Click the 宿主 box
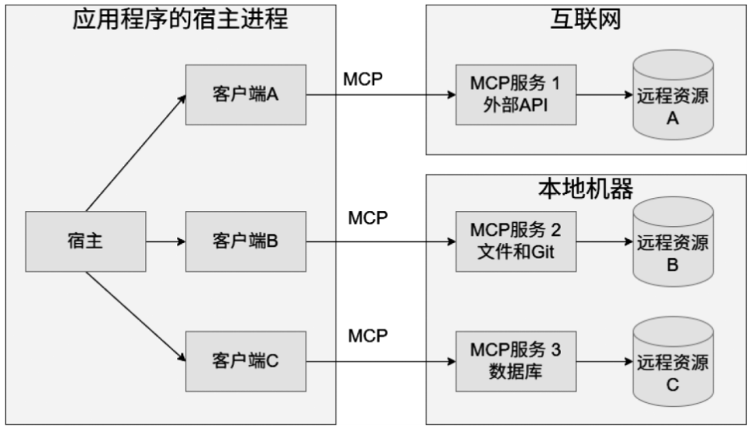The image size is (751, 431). (x=85, y=241)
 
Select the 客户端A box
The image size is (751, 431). (x=245, y=95)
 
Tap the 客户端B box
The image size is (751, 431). (x=245, y=241)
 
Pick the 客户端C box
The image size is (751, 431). (x=245, y=361)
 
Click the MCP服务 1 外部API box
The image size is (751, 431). (x=515, y=95)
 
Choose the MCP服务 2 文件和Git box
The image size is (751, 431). (x=515, y=241)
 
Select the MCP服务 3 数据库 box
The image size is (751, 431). (x=515, y=361)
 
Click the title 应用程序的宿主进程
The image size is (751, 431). (x=180, y=19)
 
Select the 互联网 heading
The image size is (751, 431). (x=585, y=19)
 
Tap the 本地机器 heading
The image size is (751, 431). (x=585, y=189)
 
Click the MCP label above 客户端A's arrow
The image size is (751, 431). (x=363, y=79)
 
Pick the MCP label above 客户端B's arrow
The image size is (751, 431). (x=367, y=217)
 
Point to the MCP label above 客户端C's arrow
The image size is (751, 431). (x=367, y=336)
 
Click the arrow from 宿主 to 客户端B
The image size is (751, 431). (x=165, y=241)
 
